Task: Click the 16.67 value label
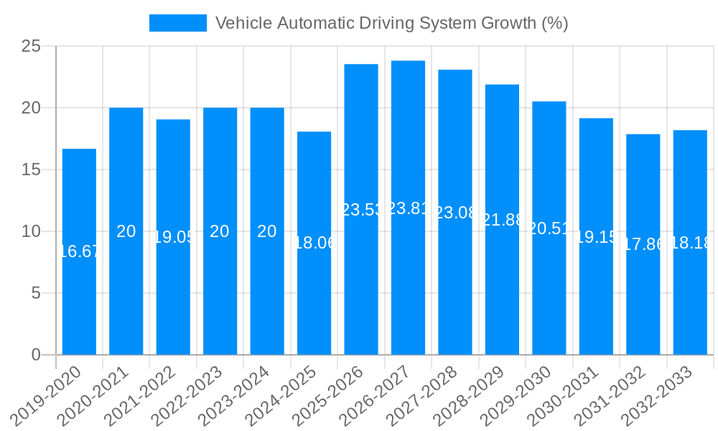tap(79, 251)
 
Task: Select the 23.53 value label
tap(361, 210)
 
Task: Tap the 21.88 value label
tap(502, 220)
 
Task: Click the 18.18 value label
tap(690, 243)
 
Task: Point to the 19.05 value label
tap(173, 237)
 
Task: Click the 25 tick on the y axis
tap(31, 47)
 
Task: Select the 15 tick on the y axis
tap(31, 170)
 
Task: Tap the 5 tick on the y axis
tap(37, 293)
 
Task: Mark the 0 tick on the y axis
tap(37, 355)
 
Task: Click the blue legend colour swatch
tap(177, 23)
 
